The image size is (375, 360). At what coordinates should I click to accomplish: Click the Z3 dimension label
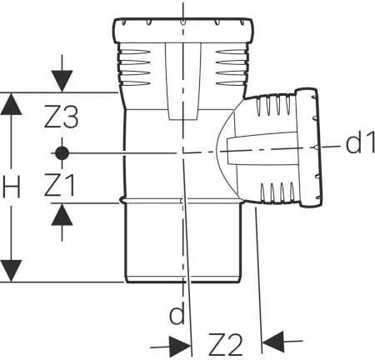tap(61, 119)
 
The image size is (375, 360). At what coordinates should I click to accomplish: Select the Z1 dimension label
tap(61, 185)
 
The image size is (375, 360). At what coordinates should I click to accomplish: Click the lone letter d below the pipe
tap(176, 315)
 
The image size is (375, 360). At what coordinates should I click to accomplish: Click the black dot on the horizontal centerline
tap(61, 152)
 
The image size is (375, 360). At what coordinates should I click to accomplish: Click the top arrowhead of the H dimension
tap(11, 102)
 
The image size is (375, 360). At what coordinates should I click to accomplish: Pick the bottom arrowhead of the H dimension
tap(11, 271)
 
